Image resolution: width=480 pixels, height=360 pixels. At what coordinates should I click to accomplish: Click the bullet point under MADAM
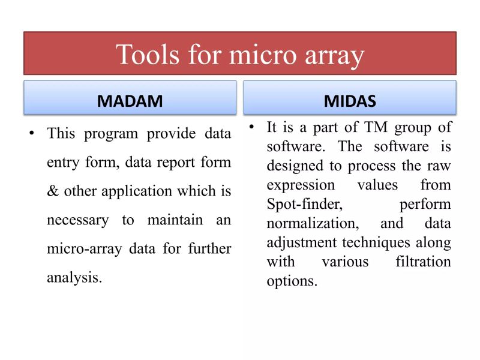pos(31,133)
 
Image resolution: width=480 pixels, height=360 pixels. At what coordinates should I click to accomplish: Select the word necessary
pos(77,220)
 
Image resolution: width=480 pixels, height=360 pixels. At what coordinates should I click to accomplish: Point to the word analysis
pos(74,277)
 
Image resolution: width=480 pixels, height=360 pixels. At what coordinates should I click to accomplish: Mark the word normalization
pos(311,223)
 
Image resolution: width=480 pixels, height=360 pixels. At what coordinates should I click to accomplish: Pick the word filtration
pos(420,262)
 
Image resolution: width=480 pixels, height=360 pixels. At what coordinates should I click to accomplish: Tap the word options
pos(292,281)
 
